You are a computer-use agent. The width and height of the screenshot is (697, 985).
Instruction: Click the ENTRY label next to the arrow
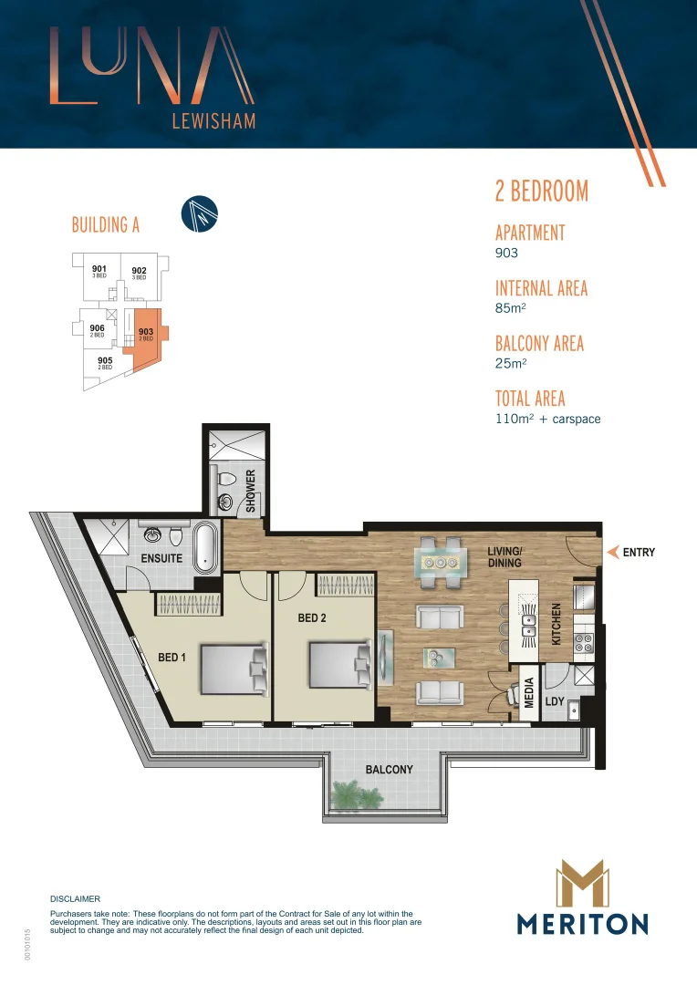click(x=638, y=552)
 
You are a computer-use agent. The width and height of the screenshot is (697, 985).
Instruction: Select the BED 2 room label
click(x=312, y=617)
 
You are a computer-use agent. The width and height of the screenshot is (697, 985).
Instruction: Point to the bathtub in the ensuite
click(x=207, y=549)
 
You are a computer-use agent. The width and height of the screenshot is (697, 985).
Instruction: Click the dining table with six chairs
click(x=441, y=562)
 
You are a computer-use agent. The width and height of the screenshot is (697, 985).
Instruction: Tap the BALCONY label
click(x=389, y=770)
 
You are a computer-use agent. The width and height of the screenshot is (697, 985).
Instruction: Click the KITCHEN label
click(x=557, y=624)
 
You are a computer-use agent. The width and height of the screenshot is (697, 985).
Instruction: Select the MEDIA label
click(x=529, y=692)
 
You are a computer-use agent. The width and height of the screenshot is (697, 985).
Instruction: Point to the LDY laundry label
click(x=555, y=701)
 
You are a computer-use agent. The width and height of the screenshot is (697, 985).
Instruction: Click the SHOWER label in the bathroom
click(x=250, y=491)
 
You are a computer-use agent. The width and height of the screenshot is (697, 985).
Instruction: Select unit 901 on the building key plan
click(x=99, y=271)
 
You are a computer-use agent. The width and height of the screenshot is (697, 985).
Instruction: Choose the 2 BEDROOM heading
click(x=541, y=191)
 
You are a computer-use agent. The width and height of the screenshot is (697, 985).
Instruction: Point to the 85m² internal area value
click(x=510, y=308)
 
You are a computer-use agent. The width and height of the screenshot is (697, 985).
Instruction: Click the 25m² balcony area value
click(x=510, y=363)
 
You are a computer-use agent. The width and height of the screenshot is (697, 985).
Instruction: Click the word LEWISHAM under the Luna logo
click(x=213, y=121)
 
